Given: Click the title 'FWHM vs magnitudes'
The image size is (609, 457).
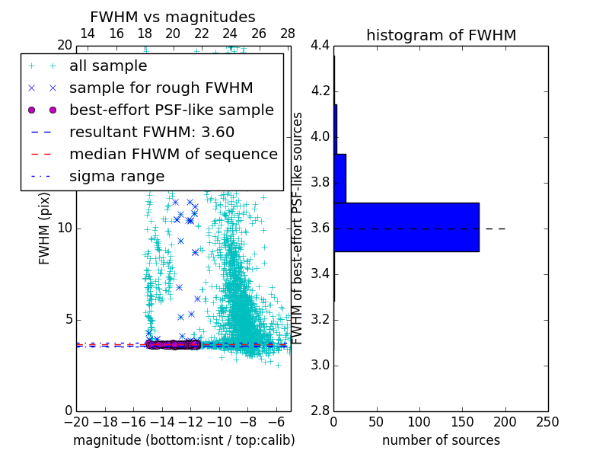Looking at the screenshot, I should point(173,17).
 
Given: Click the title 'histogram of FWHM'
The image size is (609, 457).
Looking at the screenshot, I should point(441,35).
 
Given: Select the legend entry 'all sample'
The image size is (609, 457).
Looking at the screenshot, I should point(108,66).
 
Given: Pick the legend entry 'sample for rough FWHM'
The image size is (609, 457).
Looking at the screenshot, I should point(161,88).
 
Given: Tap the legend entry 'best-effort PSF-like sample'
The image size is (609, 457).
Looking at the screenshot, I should point(171,110).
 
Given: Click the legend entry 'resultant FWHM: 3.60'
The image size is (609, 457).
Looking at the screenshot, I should point(151,133).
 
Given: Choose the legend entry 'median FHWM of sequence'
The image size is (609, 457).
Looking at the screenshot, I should point(173,155).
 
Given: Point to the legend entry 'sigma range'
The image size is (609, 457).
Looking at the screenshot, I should point(116,177).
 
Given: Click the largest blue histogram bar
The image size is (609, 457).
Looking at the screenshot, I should point(407,227).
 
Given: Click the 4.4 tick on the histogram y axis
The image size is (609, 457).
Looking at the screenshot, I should point(320,46).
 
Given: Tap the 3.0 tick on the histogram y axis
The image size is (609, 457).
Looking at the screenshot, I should point(320,366).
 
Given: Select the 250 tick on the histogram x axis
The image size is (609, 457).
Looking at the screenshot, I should point(547,422).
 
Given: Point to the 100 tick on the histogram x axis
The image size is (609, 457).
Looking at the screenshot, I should point(419,422).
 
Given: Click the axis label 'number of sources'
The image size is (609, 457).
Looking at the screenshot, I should point(441,440).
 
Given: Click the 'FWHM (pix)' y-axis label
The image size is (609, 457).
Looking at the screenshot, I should point(45,228).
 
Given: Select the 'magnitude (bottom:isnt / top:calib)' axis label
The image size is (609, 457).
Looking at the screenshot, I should point(183,440).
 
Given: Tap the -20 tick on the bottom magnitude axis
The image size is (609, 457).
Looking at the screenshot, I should point(76,422).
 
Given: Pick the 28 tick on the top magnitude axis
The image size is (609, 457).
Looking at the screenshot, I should point(288,34).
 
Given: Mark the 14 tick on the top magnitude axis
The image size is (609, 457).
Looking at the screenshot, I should point(88,34).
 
